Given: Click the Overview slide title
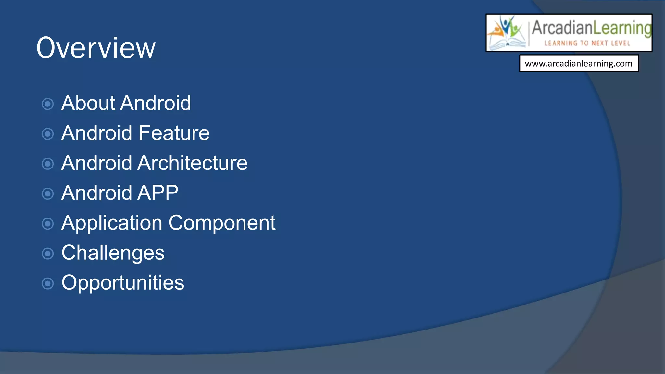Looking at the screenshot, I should click(96, 48).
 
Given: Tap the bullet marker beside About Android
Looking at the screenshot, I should click(48, 104).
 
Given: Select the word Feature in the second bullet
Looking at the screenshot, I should click(174, 133).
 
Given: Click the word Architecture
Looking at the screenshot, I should click(192, 163).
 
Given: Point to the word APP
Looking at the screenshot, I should click(158, 193).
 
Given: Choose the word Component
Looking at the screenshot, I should click(222, 223).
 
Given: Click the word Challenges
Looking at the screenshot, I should click(113, 253).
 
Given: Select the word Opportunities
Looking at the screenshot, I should click(122, 283).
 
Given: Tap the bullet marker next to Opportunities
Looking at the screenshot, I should click(48, 283).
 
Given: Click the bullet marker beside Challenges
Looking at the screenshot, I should click(48, 254).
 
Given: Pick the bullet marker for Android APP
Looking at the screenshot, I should click(48, 194).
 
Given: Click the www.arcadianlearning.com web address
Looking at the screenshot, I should click(578, 63).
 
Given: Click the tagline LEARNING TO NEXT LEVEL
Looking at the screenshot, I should click(587, 43).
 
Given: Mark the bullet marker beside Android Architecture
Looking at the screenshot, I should click(48, 164).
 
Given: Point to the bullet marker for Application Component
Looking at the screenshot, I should click(48, 224).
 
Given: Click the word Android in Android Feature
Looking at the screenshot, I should click(97, 133).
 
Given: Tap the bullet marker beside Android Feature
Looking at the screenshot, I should click(48, 134).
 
